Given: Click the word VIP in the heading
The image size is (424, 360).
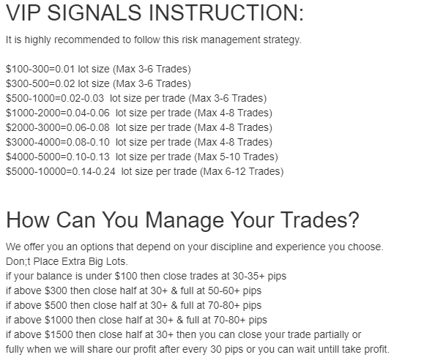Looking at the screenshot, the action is tap(23, 12).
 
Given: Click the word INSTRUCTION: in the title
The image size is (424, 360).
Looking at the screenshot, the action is tap(226, 12).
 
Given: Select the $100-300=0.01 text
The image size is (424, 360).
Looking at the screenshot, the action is tap(40, 69).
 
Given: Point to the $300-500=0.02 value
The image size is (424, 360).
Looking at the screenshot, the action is tap(40, 83).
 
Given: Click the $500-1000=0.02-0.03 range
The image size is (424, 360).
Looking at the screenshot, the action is tap(55, 98).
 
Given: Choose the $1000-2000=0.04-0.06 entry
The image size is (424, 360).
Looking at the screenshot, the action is tap(58, 113).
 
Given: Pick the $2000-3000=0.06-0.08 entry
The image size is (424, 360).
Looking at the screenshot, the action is tap(58, 127).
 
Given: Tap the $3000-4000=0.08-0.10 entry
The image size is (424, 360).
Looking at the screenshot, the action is tap(58, 142).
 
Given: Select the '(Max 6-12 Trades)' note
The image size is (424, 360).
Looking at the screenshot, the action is tap(242, 171).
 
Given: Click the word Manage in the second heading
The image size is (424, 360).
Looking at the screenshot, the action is tap(185, 220).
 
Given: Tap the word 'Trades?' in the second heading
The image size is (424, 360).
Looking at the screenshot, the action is tap(320, 220).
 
